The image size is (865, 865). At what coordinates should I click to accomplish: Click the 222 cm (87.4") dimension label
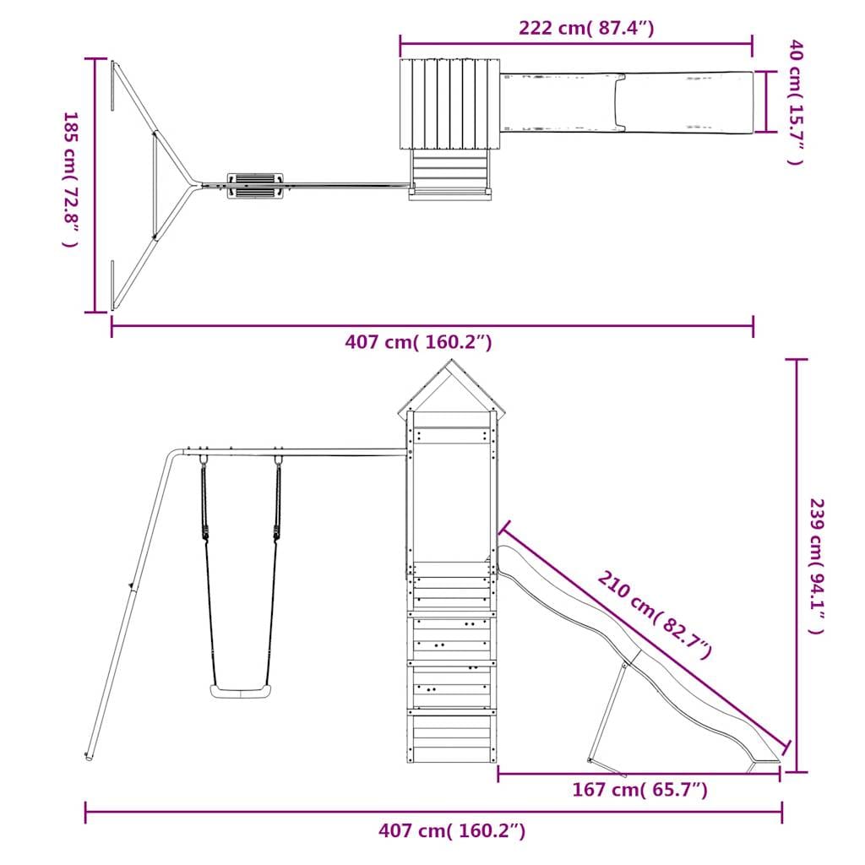coord(586,28)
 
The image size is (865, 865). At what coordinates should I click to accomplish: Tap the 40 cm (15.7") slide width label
coord(796,102)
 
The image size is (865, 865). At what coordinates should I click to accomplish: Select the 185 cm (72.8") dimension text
coord(71,179)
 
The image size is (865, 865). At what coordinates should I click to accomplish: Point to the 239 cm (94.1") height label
coord(817,566)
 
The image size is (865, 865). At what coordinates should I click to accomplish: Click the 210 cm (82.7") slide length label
coord(655,615)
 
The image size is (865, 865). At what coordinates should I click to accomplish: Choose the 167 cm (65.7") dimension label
coord(640,790)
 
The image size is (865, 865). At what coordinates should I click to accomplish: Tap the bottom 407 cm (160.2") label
coord(452,830)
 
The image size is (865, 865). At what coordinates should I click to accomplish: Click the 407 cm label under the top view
coord(418,342)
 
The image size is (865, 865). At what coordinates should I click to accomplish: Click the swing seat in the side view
coord(241,691)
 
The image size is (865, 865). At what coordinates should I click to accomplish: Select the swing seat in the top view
coord(255,186)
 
